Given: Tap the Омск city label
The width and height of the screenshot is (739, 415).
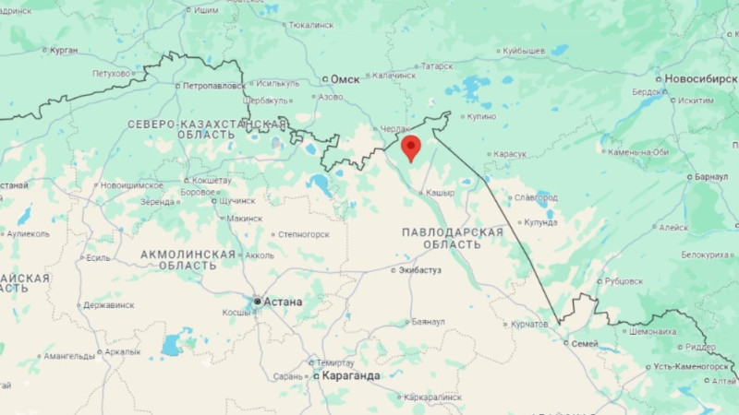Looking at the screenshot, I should pos(345,79).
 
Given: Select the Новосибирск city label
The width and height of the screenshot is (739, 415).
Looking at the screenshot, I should pos(701,78).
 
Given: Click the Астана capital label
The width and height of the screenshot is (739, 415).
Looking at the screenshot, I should pos(283,302).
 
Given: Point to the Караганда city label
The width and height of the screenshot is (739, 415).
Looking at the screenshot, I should pos(350,376).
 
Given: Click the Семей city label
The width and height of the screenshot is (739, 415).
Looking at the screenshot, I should pos(585,343).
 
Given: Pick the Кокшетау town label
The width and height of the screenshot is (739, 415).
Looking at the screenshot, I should pos(212,180).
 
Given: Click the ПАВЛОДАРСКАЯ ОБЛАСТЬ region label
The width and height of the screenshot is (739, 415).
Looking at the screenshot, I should pos(453,238).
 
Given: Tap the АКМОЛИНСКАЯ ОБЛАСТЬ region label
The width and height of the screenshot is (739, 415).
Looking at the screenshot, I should pos(188,259).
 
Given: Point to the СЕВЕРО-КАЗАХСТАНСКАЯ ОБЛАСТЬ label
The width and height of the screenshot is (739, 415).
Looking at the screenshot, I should pos(207,129).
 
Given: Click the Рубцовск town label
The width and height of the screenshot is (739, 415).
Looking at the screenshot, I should pos(625,280).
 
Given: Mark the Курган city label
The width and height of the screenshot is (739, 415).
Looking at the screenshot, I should pos(64,50).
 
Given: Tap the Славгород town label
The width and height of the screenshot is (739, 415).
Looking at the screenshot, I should pos(536,196).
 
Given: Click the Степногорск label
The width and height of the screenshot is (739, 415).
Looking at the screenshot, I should pos(304,234).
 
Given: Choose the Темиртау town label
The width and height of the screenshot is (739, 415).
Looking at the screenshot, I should pos(334,362).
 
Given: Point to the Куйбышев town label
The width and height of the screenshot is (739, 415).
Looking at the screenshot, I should pos(524,51).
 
